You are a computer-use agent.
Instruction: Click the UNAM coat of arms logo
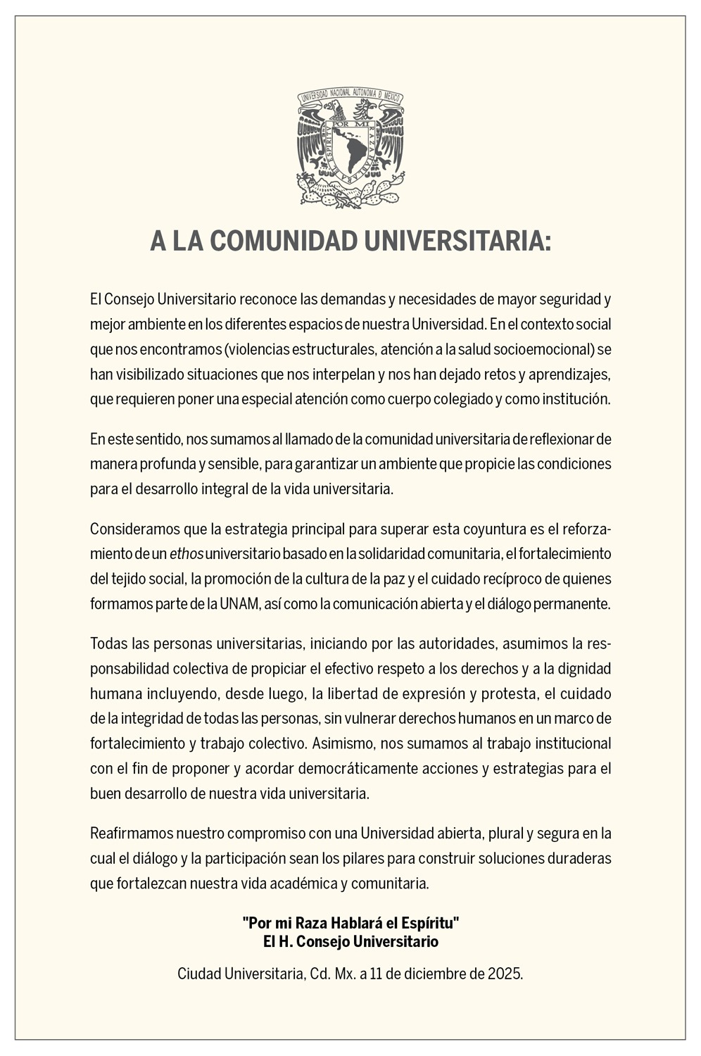tap(350, 148)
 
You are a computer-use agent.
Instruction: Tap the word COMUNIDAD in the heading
tap(284, 241)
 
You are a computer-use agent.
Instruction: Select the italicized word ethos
tap(187, 554)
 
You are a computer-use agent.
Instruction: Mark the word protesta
tap(507, 693)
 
